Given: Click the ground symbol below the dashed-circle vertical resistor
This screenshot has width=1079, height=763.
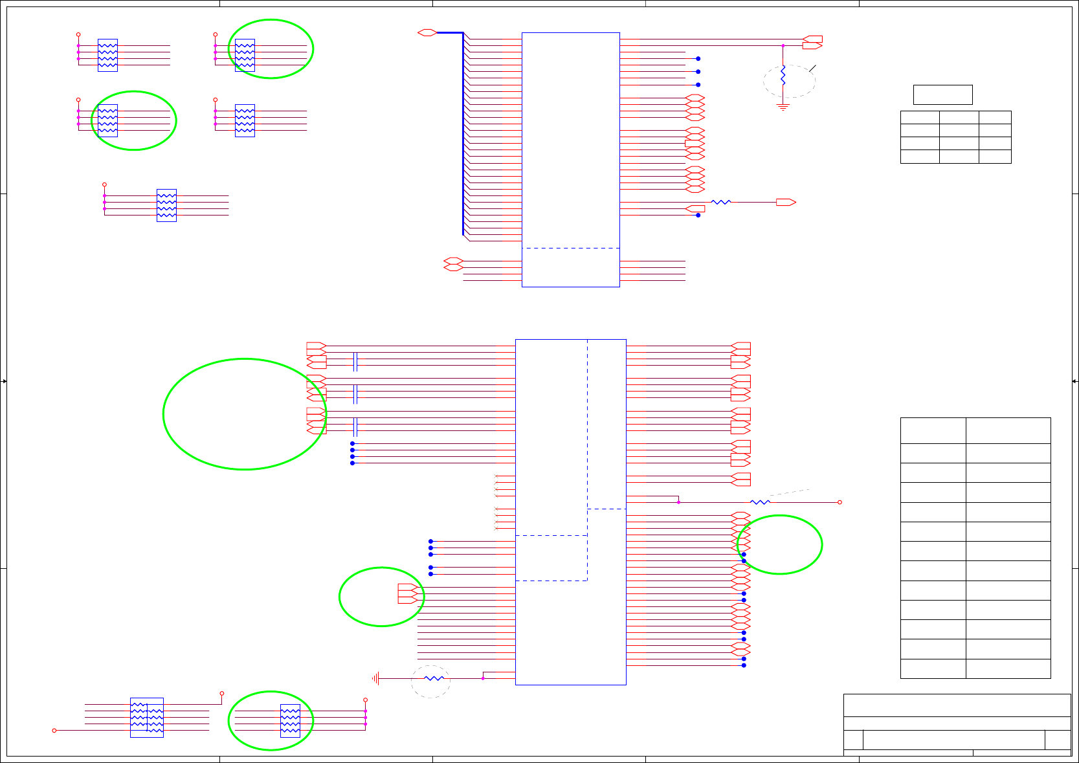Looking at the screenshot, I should pyautogui.click(x=783, y=107).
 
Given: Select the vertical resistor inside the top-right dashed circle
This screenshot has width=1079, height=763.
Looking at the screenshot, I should pyautogui.click(x=783, y=76).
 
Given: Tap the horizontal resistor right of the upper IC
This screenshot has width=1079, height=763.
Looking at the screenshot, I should pyautogui.click(x=721, y=203).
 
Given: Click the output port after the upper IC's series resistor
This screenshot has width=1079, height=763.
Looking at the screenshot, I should pyautogui.click(x=786, y=203).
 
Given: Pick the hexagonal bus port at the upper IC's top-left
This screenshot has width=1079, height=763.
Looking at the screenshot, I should pyautogui.click(x=427, y=32).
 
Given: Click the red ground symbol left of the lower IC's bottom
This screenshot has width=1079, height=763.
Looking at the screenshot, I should pyautogui.click(x=375, y=678).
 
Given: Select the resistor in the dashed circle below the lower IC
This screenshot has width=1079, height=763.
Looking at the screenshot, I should pyautogui.click(x=434, y=678).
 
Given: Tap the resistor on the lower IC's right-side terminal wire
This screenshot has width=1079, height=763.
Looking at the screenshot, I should pyautogui.click(x=760, y=502).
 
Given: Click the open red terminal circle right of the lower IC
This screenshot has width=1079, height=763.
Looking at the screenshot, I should pyautogui.click(x=840, y=502).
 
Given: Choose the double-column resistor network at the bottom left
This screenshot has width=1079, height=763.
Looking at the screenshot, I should pyautogui.click(x=147, y=718).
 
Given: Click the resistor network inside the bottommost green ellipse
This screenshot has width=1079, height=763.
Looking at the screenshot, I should pyautogui.click(x=290, y=720).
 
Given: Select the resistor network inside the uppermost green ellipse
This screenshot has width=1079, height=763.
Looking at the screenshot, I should pyautogui.click(x=245, y=55).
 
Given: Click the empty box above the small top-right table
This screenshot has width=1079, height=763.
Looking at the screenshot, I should pyautogui.click(x=942, y=94).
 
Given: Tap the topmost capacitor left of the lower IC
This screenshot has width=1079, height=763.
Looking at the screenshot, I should pyautogui.click(x=355, y=362).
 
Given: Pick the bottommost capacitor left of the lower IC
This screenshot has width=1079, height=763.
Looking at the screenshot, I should pyautogui.click(x=355, y=427).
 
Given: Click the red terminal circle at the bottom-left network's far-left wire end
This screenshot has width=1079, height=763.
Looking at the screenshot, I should pyautogui.click(x=54, y=731).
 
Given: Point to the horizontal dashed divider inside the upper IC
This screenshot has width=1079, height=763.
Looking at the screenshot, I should pyautogui.click(x=570, y=248).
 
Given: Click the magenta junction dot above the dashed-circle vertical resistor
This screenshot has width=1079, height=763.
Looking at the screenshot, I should pyautogui.click(x=783, y=46).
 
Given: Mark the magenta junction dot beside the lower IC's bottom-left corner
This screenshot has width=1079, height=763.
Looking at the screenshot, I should pyautogui.click(x=483, y=678).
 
